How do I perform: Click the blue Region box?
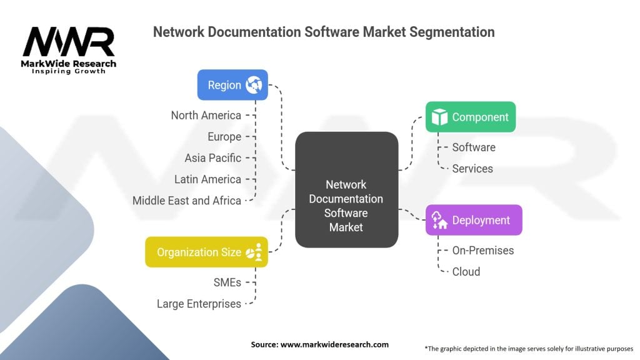[x=232, y=85]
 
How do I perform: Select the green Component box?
[x=471, y=117]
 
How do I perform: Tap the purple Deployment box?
[x=474, y=220]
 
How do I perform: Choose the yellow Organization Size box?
[x=206, y=252]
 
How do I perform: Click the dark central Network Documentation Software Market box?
[x=346, y=189]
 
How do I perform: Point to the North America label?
[x=206, y=116]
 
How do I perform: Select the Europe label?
[x=224, y=137]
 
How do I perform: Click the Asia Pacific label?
[x=212, y=158]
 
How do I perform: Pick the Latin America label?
[x=207, y=179]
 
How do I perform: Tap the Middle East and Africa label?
[x=186, y=201]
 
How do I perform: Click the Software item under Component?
[x=474, y=147]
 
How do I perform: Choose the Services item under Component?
[x=472, y=169]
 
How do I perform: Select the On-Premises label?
[x=483, y=250]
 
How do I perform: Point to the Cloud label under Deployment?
[x=466, y=272]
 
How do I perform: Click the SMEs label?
[x=227, y=282]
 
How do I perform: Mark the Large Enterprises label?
[x=199, y=304]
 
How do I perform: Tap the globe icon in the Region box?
[x=254, y=85]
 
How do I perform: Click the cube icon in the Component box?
[x=439, y=117]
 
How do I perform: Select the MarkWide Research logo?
[x=69, y=50]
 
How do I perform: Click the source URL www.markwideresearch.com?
[x=335, y=344]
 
